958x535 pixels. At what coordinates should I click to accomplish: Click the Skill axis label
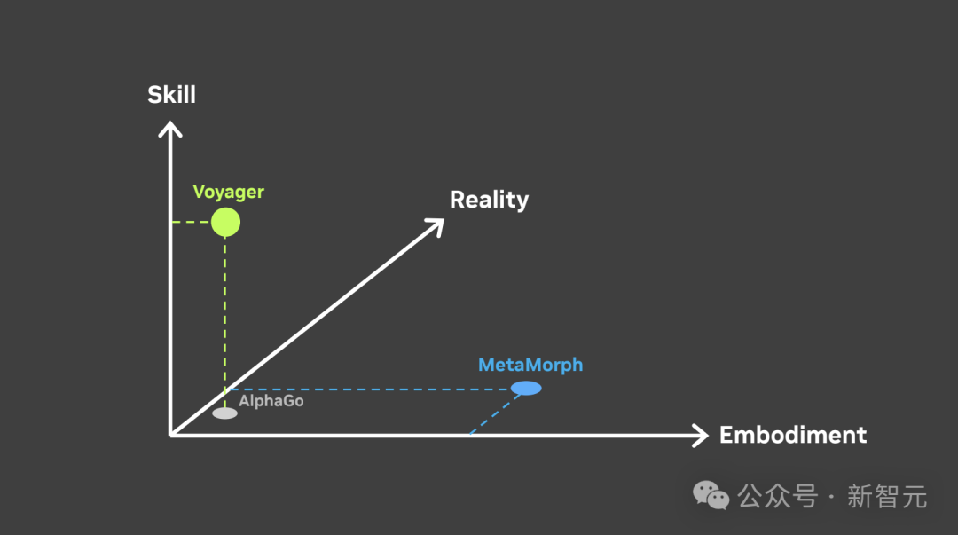[171, 94]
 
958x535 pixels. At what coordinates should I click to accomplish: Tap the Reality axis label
[489, 200]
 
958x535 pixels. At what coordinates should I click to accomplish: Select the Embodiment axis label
[792, 435]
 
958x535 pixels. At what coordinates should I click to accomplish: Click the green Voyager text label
[229, 192]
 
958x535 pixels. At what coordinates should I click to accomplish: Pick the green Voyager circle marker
[225, 222]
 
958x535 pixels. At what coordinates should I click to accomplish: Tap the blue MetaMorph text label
[530, 365]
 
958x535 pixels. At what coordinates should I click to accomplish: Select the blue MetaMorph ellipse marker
[526, 388]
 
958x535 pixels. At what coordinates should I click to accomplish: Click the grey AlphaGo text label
[271, 401]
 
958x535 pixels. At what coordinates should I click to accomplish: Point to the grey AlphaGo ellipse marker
[225, 413]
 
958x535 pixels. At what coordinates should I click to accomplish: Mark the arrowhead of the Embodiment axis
[700, 435]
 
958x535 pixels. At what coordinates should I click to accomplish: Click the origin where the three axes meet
[170, 434]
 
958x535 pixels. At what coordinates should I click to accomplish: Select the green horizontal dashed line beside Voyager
[191, 222]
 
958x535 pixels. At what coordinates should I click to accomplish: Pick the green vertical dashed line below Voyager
[225, 311]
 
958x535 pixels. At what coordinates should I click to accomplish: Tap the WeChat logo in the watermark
[711, 495]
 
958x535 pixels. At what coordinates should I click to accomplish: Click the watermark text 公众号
[778, 496]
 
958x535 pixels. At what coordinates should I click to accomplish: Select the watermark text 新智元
[887, 496]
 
